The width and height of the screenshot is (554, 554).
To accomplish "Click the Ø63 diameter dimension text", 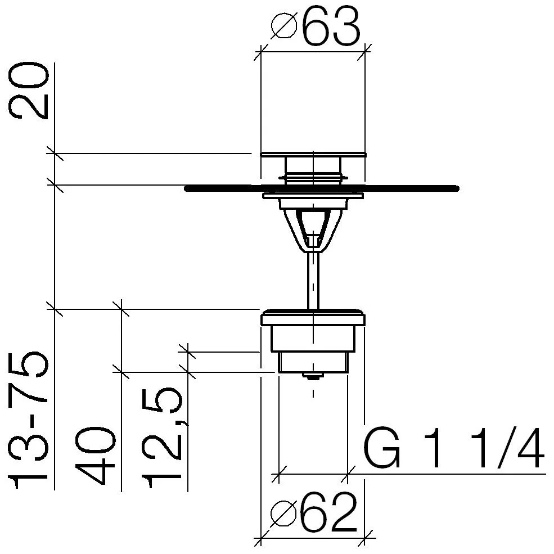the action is coord(316,26).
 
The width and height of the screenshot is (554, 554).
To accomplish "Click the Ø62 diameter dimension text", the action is coord(314,512).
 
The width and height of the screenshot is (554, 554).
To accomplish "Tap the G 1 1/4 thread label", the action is coord(454,448).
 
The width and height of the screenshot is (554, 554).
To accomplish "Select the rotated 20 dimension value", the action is coord(28,91).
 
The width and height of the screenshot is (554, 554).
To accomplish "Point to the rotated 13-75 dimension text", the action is coord(28,420).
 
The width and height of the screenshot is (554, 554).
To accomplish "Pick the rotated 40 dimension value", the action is coord(95,456).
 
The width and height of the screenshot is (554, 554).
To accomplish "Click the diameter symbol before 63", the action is coord(283,26).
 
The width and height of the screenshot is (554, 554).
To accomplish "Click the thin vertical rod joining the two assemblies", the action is coord(313,281).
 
